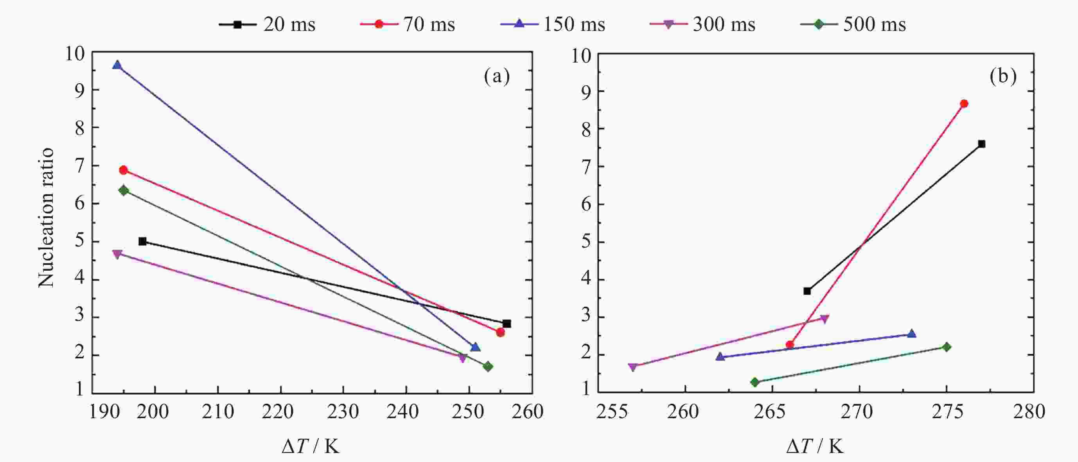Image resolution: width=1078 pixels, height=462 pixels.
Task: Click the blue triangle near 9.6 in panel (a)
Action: [x=117, y=65]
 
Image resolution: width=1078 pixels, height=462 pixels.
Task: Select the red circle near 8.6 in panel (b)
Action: [x=964, y=104]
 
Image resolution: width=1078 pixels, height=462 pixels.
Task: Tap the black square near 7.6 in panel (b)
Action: [x=981, y=144]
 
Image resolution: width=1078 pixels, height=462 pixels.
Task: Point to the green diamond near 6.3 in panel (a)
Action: [x=124, y=191]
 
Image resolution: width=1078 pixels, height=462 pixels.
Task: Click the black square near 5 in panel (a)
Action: [x=142, y=241]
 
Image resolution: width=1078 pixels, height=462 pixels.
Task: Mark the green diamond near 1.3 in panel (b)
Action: [x=755, y=382]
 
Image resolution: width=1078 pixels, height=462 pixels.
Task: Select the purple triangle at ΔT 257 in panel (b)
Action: [x=633, y=367]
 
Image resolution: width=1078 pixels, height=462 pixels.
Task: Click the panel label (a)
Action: [x=497, y=77]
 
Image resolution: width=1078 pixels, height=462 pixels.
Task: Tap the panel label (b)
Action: [x=1003, y=77]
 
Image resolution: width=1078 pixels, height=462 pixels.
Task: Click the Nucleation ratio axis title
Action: [x=47, y=218]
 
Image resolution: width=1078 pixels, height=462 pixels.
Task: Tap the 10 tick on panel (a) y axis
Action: [x=75, y=54]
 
